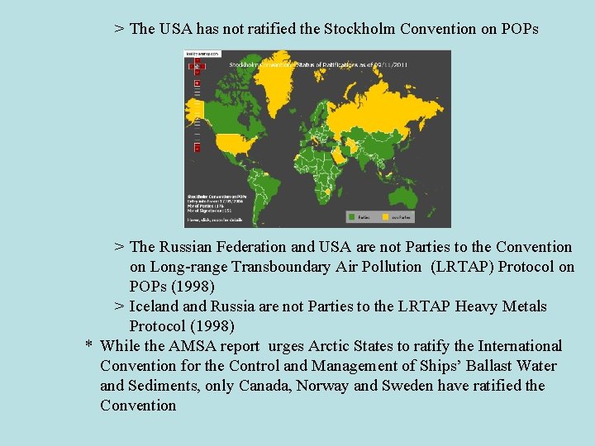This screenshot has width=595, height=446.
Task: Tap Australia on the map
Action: coord(404,195)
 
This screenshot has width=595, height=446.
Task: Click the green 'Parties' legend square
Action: coord(351,217)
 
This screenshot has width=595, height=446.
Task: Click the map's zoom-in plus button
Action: coord(197,83)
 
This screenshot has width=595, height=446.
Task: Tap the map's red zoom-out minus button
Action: coord(197,147)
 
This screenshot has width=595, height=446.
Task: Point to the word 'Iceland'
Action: coord(157,306)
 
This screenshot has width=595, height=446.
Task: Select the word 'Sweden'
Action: coord(405,386)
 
